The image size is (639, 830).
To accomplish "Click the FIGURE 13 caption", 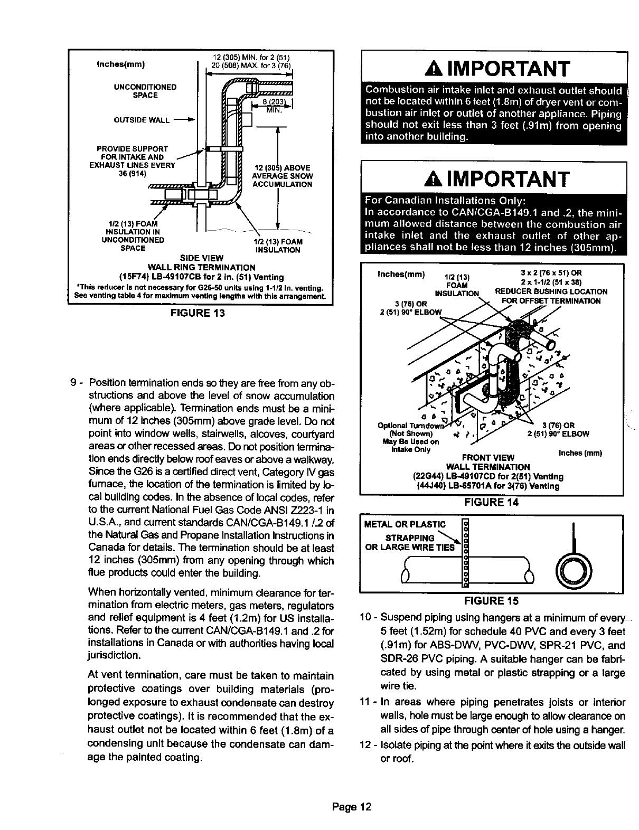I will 196,313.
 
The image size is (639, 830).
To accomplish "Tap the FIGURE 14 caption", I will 491,502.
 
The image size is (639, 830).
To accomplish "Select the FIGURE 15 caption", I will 491,600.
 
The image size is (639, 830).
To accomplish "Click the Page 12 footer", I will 352,807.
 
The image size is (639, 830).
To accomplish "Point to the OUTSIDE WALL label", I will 142,120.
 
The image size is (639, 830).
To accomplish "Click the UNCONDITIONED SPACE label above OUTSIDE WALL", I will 146,91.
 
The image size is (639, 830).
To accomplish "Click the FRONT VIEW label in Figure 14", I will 488,457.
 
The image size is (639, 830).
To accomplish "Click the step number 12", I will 366,745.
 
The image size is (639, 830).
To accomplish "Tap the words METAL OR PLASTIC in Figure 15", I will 405,524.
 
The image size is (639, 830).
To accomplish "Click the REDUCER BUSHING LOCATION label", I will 551,291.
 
